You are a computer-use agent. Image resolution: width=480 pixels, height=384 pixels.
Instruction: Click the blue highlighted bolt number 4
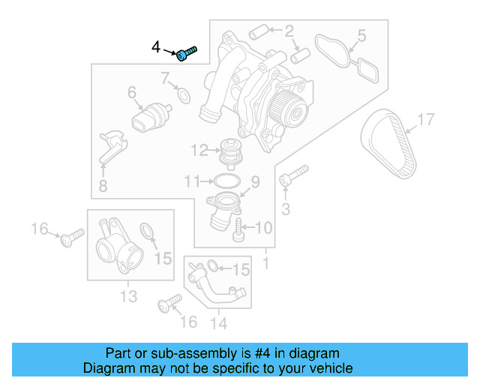[x=187, y=52]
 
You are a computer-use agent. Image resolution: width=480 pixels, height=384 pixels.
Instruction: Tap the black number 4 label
[x=156, y=47]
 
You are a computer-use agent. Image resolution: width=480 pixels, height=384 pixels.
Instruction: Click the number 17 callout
[x=425, y=119]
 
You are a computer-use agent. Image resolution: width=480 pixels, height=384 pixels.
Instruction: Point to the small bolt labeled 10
[x=238, y=226]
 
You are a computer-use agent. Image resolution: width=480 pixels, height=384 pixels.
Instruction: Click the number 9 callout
[x=254, y=181]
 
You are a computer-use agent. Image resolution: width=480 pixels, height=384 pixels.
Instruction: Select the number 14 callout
[x=218, y=323]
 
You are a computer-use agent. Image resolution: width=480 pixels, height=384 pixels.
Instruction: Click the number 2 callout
[x=288, y=31]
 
